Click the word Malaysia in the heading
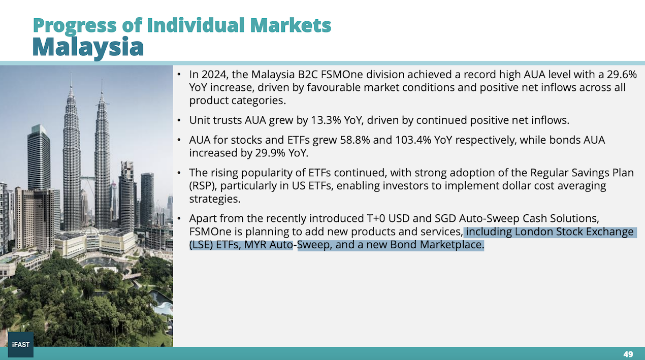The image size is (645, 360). click(x=88, y=47)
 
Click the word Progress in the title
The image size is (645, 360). click(x=75, y=25)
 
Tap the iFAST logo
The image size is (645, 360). click(x=21, y=344)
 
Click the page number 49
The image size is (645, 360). click(x=628, y=354)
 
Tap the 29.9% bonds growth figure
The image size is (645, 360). click(x=270, y=153)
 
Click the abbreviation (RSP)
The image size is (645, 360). click(x=203, y=186)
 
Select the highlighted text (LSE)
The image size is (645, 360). click(x=201, y=245)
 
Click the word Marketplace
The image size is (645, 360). click(x=452, y=245)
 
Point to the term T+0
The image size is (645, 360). click(x=376, y=218)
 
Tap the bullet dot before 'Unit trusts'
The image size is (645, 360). click(x=179, y=120)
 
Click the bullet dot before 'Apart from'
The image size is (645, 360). click(x=179, y=218)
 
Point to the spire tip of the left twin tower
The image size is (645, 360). click(x=71, y=73)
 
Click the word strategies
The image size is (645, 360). click(x=215, y=199)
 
